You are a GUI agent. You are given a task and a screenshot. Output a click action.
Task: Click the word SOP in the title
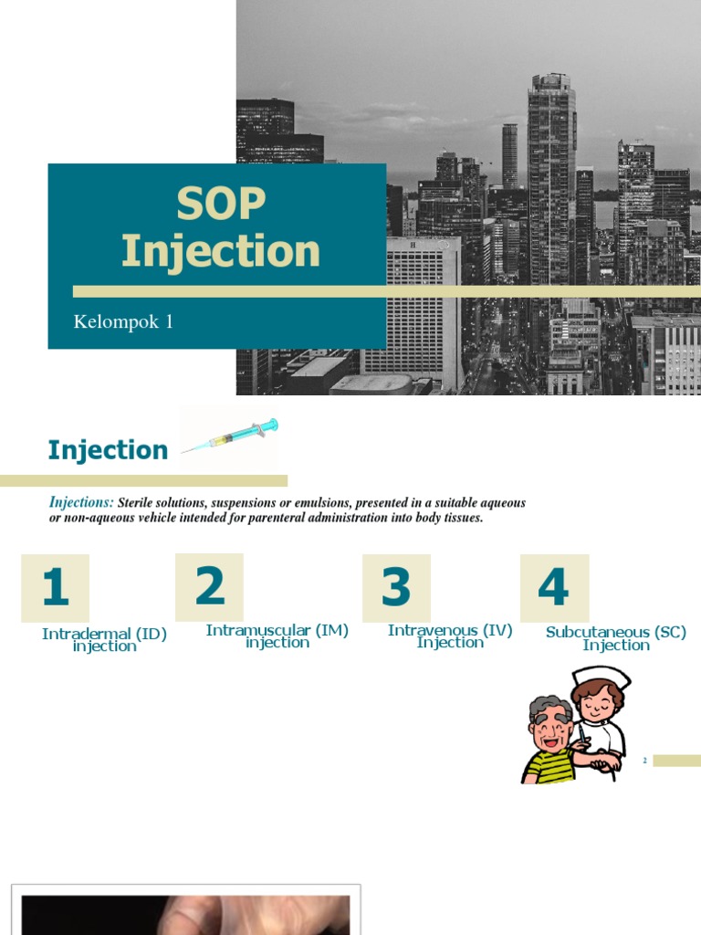[220, 205]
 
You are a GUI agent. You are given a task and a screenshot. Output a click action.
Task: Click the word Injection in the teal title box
[220, 251]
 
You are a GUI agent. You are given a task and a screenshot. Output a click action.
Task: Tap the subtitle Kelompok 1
[123, 321]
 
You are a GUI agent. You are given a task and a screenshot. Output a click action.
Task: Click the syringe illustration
[230, 436]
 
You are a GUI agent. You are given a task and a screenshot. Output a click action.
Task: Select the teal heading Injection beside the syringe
[108, 450]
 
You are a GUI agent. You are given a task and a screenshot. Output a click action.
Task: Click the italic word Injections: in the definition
[81, 503]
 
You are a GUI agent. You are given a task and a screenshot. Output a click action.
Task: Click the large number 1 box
[55, 587]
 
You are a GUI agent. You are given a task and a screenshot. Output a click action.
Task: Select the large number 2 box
[210, 586]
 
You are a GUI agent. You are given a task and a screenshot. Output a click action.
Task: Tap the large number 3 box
[396, 587]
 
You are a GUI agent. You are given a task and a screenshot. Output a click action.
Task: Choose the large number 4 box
[554, 587]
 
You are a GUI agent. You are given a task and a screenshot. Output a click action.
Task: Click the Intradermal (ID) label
[104, 635]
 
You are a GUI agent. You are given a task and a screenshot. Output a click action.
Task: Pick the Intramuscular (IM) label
[277, 631]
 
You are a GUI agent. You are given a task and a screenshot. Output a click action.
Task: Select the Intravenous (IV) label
[450, 631]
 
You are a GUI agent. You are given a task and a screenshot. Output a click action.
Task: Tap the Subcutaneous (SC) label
[615, 632]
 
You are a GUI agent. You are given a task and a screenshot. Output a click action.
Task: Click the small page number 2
[644, 761]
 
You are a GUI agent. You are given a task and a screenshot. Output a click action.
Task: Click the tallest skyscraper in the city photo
[551, 183]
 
